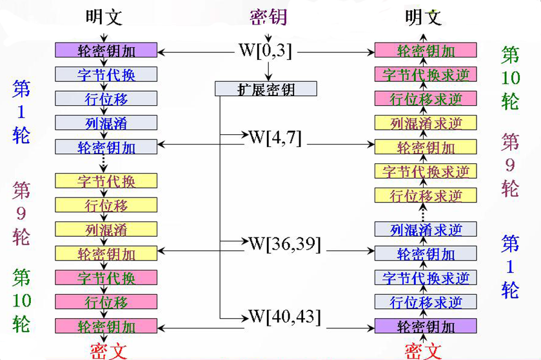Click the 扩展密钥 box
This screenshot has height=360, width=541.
point(266,89)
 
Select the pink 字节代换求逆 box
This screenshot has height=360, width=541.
point(426,74)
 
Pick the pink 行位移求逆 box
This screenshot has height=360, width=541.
point(426,99)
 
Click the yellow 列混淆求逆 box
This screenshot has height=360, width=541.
point(426,123)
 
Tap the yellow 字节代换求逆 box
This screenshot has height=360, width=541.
point(426,171)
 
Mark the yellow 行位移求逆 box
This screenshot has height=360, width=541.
point(426,195)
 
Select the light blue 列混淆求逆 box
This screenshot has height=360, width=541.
point(426,228)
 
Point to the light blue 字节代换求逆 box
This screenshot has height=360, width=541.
point(426,277)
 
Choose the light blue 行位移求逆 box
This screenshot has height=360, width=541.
point(426,301)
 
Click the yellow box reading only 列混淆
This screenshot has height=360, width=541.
point(106,229)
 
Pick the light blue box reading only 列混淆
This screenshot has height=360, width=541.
point(106,123)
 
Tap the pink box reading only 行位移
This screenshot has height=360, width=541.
point(106,301)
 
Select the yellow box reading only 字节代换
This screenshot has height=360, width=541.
point(106,181)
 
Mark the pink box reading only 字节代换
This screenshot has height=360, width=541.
point(106,277)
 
